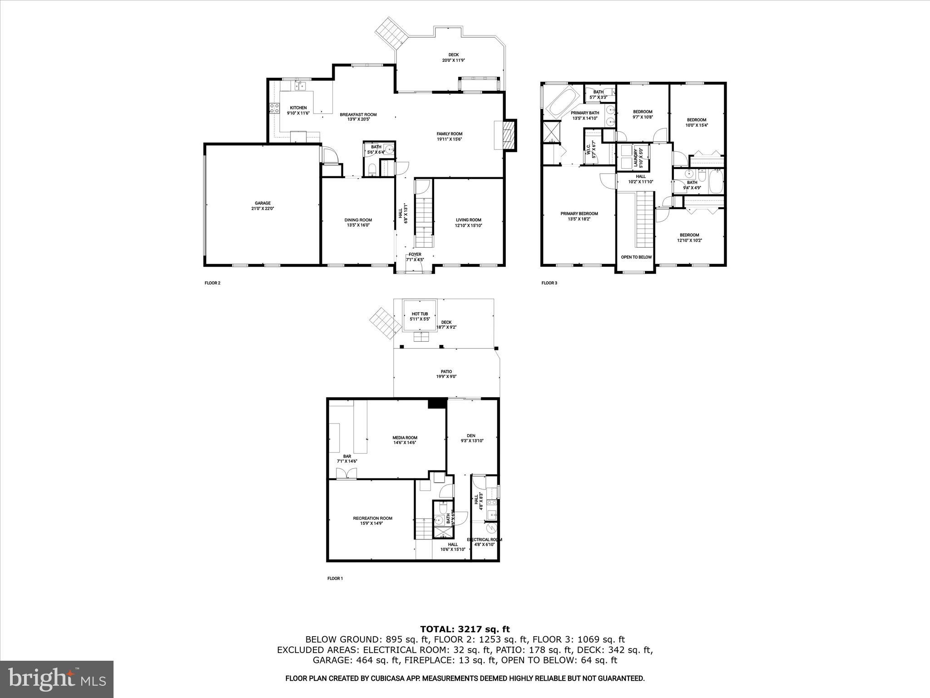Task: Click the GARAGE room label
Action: [262, 206]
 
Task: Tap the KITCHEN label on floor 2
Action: [298, 108]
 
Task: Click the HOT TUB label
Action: [420, 314]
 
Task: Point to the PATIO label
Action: [446, 372]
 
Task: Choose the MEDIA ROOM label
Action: [405, 438]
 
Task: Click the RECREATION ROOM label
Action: [372, 519]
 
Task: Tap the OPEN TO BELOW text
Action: [636, 257]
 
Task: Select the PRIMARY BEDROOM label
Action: [579, 214]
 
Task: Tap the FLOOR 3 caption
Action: [549, 283]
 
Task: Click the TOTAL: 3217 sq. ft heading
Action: [465, 629]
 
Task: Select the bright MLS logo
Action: [57, 679]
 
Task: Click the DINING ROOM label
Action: [358, 220]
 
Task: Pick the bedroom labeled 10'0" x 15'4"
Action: [696, 120]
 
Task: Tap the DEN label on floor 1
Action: [471, 436]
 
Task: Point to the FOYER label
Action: [415, 254]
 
